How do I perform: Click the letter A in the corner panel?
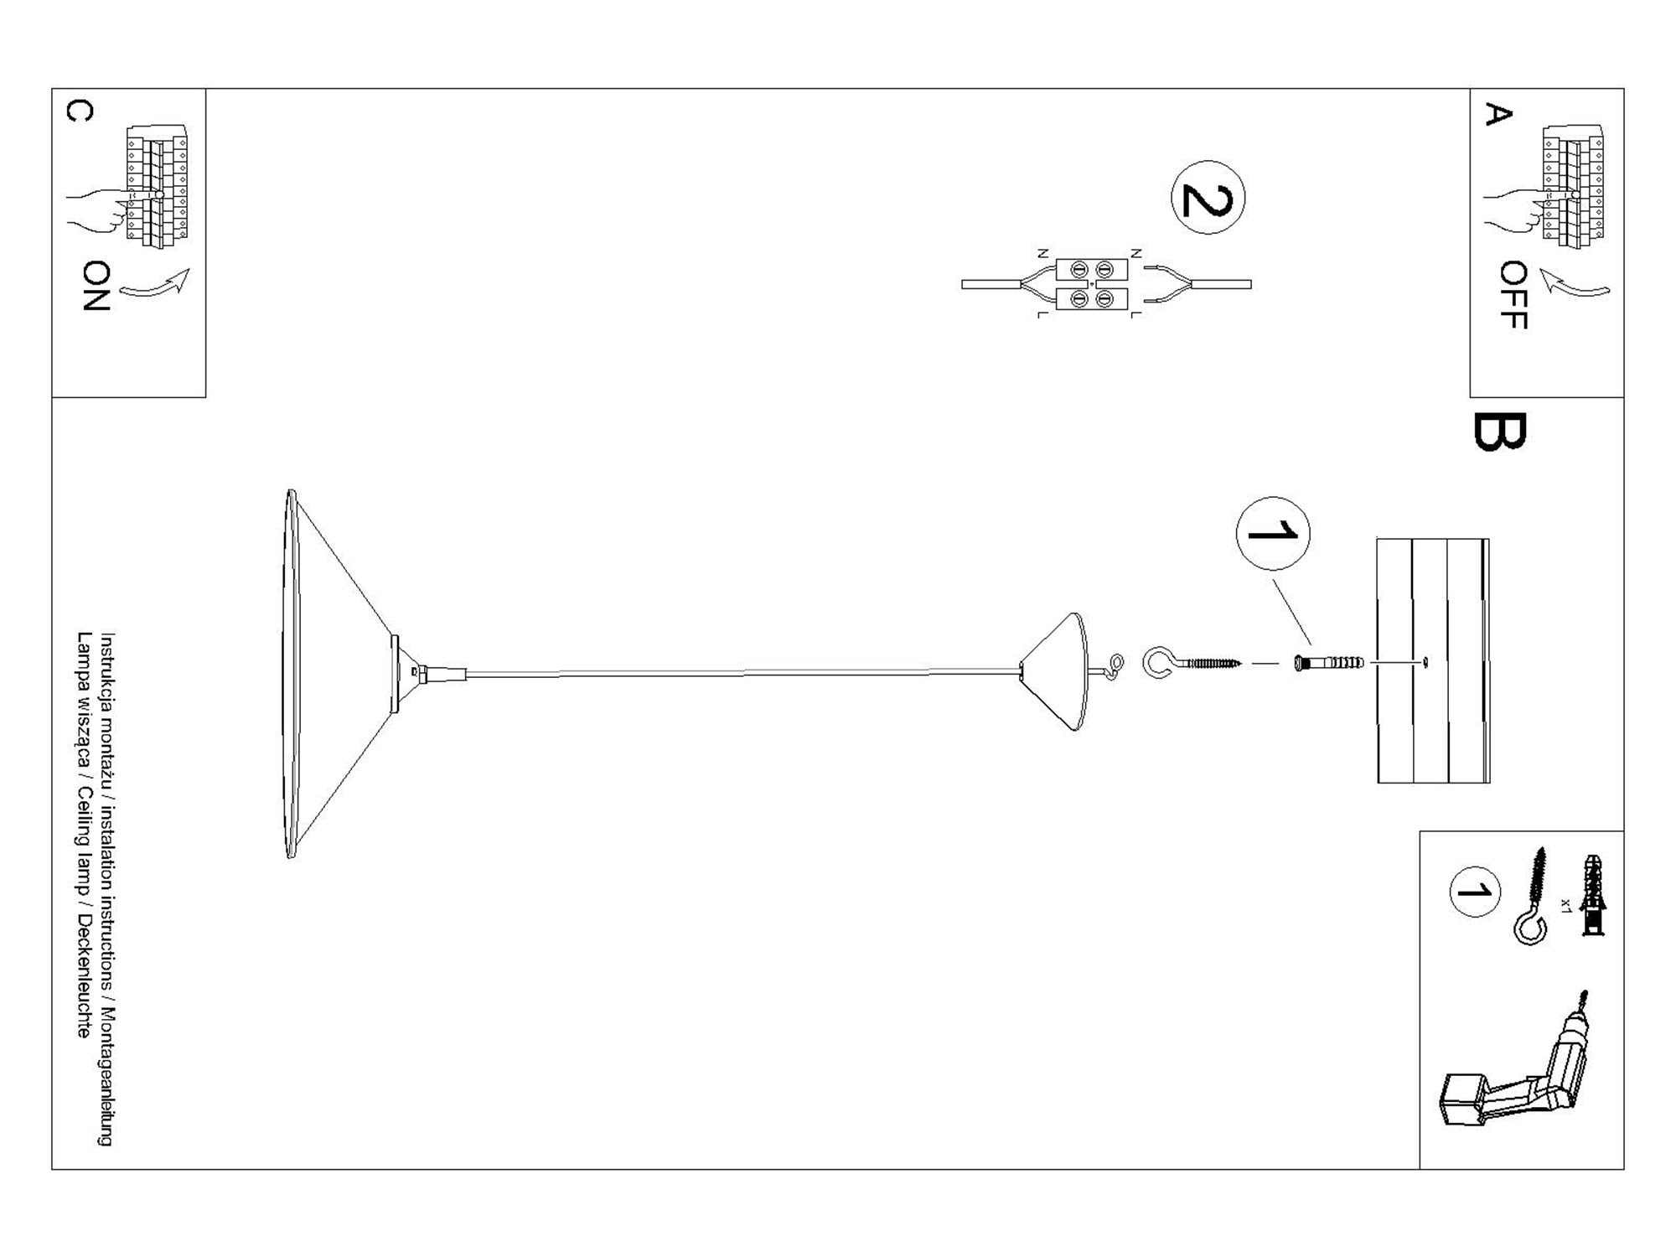click(x=1498, y=114)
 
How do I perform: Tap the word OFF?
click(x=1513, y=295)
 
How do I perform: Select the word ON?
click(x=97, y=286)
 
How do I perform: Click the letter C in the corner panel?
click(x=80, y=111)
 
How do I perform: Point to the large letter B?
click(x=1499, y=432)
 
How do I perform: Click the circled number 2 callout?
click(x=1208, y=198)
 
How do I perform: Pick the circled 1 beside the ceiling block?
click(x=1273, y=533)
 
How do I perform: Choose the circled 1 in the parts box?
click(x=1474, y=892)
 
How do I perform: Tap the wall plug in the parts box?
click(x=1592, y=895)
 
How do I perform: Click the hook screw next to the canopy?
click(x=1190, y=663)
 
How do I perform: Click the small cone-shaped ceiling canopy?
click(x=1058, y=670)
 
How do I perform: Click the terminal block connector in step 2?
click(x=1091, y=284)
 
